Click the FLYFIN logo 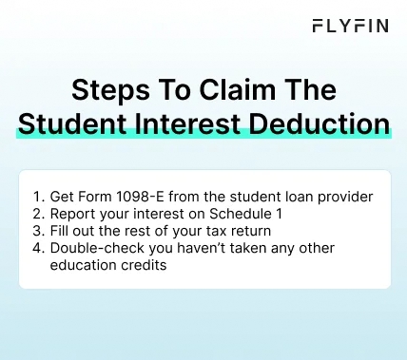(350, 26)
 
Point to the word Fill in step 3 (61, 231)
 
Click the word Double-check (96, 248)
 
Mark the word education (87, 265)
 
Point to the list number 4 (37, 248)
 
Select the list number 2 (37, 214)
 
